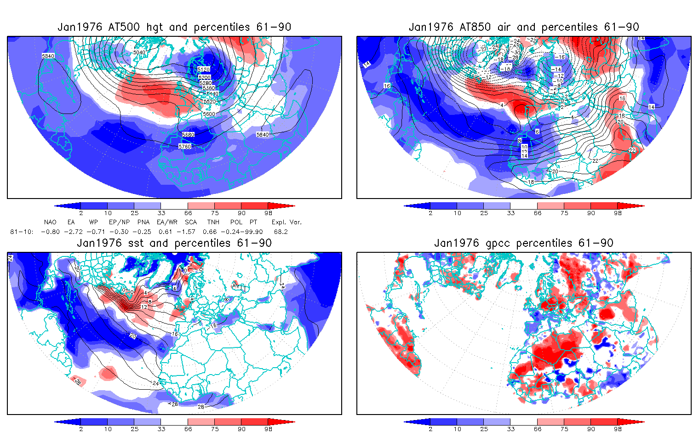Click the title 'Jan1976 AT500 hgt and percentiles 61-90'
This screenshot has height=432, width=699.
tap(174, 27)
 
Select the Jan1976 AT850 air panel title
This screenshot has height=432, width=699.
tap(524, 27)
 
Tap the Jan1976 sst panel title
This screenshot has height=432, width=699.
tap(174, 243)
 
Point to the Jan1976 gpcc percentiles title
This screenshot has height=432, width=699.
tap(524, 243)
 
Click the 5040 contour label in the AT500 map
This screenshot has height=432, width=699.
tap(139, 52)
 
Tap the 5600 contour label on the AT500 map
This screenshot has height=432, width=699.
tap(208, 114)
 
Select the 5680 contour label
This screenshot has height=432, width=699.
tap(188, 135)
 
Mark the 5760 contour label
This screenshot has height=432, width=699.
tap(184, 147)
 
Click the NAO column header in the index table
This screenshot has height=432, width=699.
tap(50, 222)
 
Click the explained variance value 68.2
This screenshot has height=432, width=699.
tap(281, 232)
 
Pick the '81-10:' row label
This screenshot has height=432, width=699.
tap(21, 232)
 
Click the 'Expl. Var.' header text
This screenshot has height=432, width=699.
tap(286, 222)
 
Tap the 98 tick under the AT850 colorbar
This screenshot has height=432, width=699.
tap(618, 213)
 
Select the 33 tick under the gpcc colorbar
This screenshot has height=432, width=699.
tap(511, 429)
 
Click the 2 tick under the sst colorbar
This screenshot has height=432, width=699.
tap(81, 429)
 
